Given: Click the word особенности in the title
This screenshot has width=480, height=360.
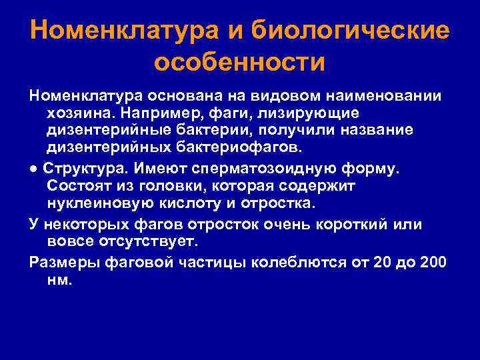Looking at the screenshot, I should point(240,64).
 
